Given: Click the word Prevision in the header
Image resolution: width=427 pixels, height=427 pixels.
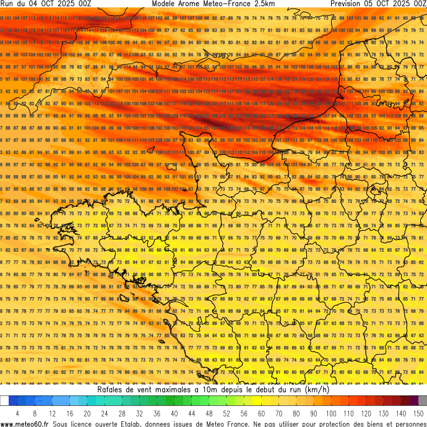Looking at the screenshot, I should [348, 4].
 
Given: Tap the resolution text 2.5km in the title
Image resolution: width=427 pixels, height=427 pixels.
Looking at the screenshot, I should [264, 4].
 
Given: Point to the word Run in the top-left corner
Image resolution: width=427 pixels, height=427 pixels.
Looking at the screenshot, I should [7, 4].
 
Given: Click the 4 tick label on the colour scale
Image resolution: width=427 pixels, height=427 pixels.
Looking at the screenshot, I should [17, 413].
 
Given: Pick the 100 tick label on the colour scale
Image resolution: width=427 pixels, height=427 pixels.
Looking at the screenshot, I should [331, 413].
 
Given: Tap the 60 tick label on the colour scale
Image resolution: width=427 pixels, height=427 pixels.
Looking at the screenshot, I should [261, 413].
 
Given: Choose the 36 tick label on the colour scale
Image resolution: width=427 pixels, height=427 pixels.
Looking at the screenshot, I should [157, 413].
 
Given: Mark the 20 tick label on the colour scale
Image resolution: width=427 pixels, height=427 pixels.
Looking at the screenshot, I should [87, 413].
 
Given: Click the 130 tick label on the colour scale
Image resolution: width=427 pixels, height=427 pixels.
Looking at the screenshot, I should [384, 413].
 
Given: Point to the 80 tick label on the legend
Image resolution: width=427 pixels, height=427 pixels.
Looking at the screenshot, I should [296, 413].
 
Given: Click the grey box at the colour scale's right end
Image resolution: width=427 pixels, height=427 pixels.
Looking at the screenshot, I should [422, 401].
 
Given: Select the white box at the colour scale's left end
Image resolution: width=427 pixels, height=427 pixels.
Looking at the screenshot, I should [4, 401].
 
